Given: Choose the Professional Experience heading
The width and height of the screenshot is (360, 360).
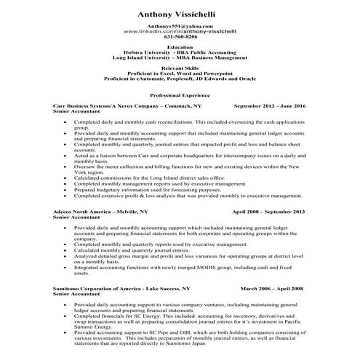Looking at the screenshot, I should (x=179, y=95).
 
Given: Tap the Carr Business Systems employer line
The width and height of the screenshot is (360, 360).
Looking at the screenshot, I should (x=127, y=106).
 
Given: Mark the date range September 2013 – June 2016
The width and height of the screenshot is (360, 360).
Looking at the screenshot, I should (x=269, y=106).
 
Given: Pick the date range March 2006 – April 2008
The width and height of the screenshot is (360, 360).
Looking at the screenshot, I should (x=271, y=289).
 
